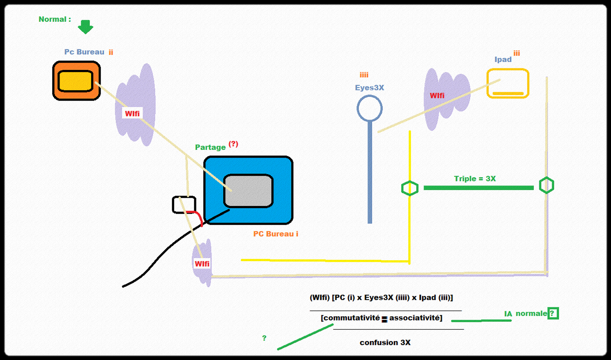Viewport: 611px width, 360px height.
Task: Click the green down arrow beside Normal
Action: [x=85, y=27]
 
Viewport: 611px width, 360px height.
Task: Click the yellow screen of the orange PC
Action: [x=75, y=81]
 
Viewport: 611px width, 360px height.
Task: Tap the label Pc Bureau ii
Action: [x=88, y=52]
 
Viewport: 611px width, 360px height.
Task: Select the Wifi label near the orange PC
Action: [x=132, y=114]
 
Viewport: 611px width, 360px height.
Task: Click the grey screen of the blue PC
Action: [x=248, y=190]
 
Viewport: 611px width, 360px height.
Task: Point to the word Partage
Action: [x=210, y=147]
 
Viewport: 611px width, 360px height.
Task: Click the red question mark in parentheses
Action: [x=233, y=144]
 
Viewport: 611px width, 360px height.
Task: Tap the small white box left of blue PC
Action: [x=184, y=204]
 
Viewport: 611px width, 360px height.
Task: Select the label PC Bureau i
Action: [x=275, y=234]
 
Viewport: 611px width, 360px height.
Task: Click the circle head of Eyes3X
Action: [x=369, y=108]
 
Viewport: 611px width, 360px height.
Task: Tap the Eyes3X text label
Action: [x=369, y=87]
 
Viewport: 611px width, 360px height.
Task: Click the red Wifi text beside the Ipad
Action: [x=437, y=95]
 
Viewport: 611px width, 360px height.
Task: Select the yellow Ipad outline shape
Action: [x=508, y=83]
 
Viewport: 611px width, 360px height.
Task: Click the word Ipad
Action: [x=503, y=59]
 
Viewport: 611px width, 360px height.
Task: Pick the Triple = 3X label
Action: [x=474, y=178]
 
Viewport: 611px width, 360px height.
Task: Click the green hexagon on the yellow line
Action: [x=410, y=188]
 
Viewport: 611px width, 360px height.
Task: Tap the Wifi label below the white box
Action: [x=202, y=264]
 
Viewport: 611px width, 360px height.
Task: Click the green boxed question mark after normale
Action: [x=552, y=314]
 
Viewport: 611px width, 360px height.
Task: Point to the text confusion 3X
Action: [x=385, y=342]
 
